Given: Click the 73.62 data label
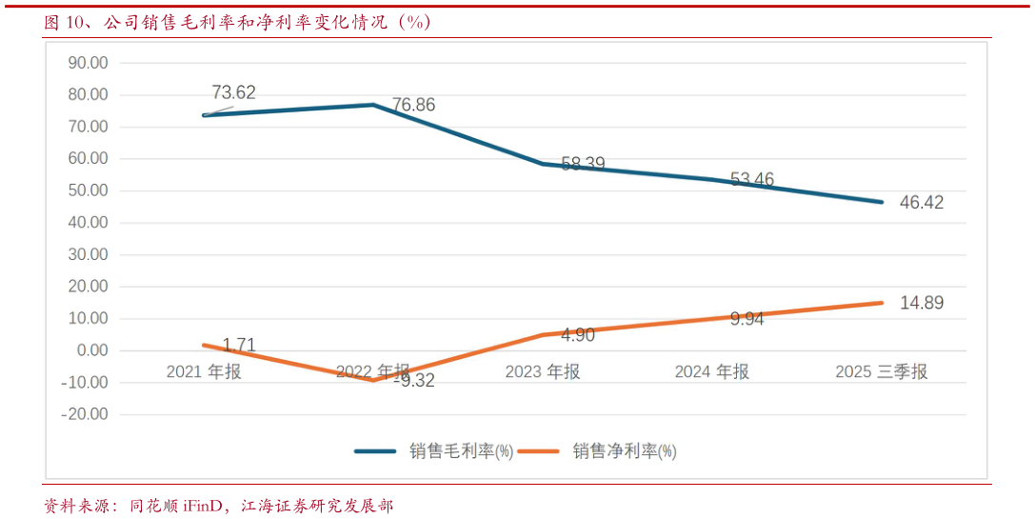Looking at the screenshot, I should (x=233, y=92).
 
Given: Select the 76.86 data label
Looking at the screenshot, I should (x=413, y=105).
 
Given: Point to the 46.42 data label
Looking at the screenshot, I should (x=921, y=202).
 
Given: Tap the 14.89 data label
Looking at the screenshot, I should (x=921, y=303).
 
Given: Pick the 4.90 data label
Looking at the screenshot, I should (x=578, y=334).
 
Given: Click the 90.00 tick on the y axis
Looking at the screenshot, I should (x=87, y=63).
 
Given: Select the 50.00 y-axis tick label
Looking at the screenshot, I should (x=87, y=190).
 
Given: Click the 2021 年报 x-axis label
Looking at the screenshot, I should (x=204, y=371).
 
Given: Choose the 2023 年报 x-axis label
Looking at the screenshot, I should (x=543, y=371).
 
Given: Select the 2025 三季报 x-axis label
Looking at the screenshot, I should (x=881, y=371).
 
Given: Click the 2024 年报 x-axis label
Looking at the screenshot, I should (x=711, y=371).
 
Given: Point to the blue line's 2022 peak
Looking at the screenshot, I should (x=373, y=104).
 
